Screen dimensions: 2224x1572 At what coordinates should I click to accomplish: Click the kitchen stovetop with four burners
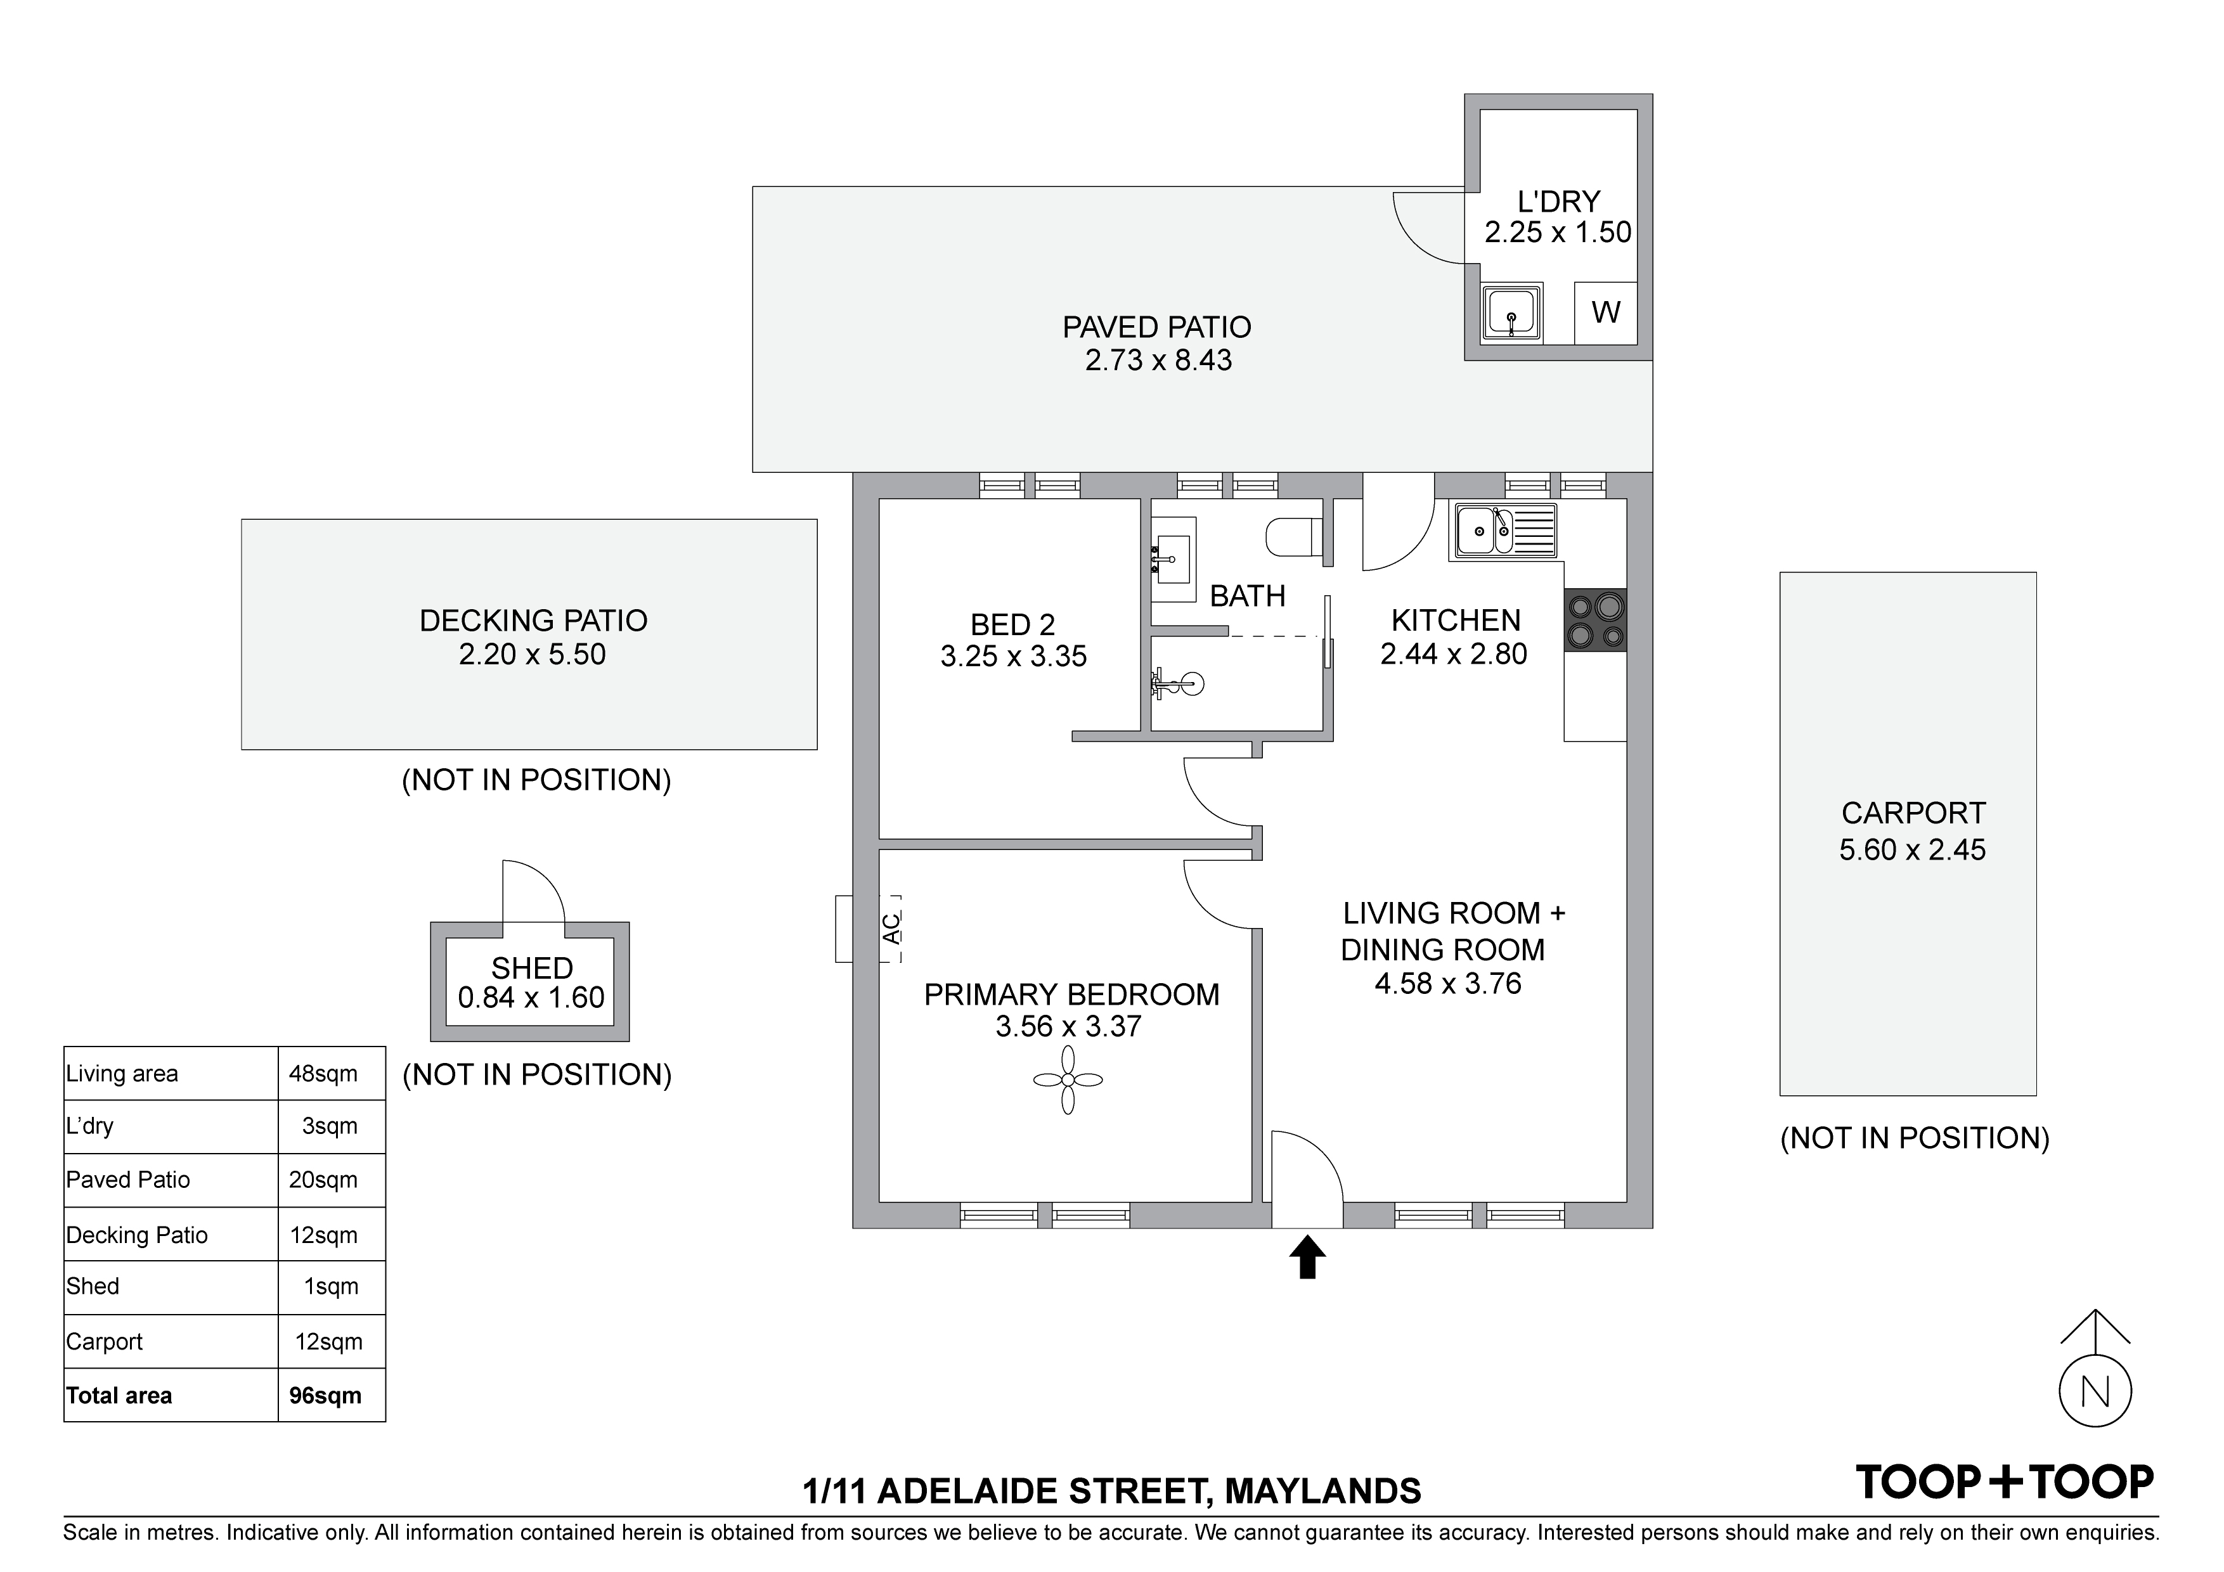pos(1594,620)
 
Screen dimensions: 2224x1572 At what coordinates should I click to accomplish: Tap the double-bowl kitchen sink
pos(1503,531)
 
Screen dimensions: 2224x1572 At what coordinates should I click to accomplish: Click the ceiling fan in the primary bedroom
pos(1068,1080)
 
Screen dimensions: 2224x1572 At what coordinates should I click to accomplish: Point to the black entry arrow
pos(1307,1256)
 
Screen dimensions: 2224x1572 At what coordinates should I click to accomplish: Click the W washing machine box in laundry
pos(1605,313)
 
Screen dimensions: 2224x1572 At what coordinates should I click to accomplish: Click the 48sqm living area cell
pos(323,1073)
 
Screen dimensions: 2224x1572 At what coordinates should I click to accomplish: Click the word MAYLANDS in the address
pos(1323,1491)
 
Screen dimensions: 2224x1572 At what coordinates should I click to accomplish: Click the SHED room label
pos(532,968)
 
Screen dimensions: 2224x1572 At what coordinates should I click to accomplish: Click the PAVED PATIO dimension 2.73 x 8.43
pos(1158,360)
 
